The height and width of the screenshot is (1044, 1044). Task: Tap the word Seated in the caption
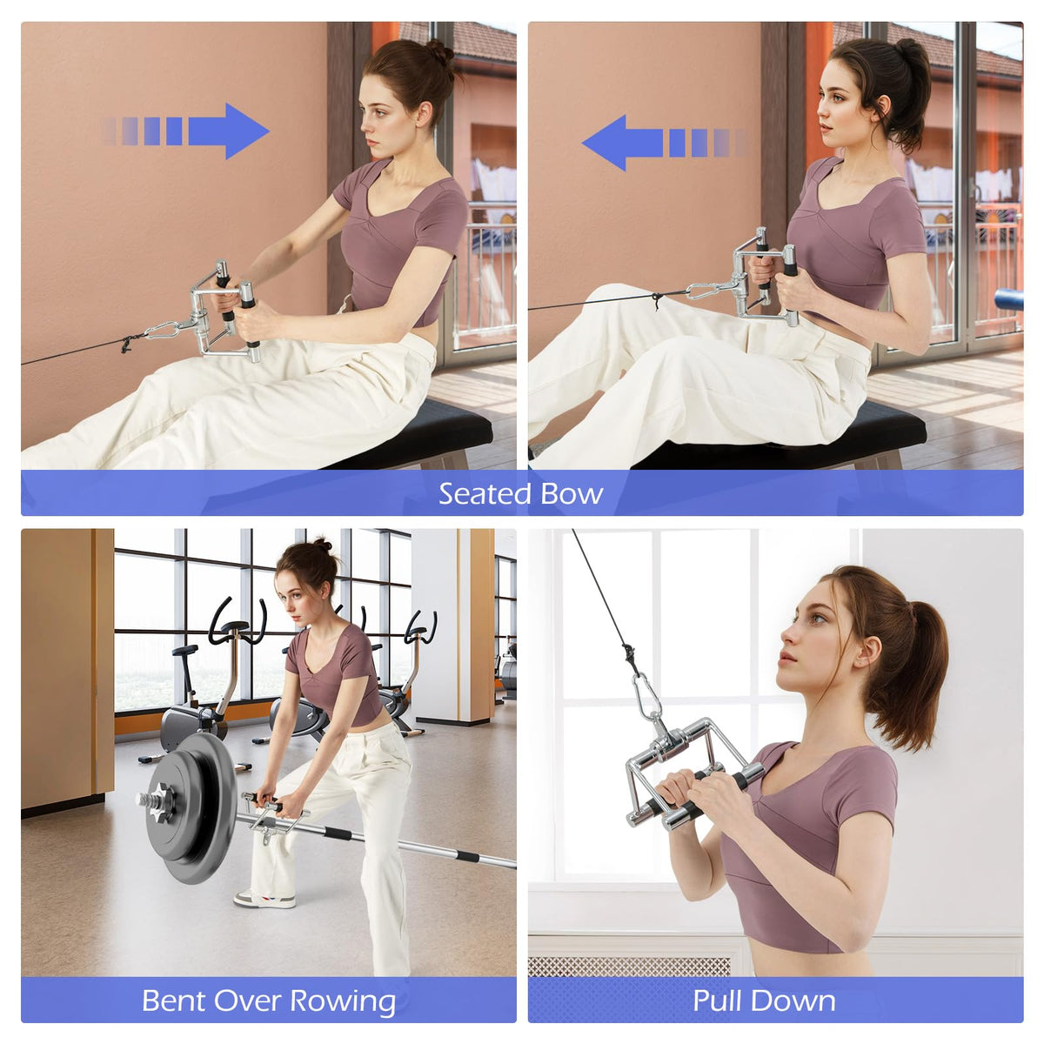tap(485, 493)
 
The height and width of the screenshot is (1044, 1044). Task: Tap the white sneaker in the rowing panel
tap(265, 900)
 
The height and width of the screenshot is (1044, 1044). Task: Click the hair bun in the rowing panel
tap(322, 545)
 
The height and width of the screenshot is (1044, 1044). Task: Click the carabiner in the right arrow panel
tap(162, 330)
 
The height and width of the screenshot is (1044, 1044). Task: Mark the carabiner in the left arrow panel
tap(705, 292)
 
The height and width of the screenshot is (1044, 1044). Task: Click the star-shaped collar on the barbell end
tap(161, 800)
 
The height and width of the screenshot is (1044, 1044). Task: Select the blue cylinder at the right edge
tap(1009, 299)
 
